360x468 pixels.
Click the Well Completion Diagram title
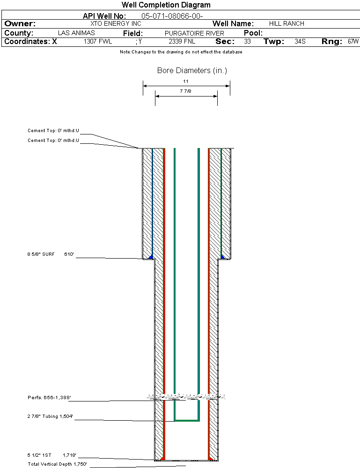click(166, 5)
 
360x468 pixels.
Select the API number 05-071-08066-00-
click(172, 16)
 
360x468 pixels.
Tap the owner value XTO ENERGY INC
click(116, 23)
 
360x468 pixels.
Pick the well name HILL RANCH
click(287, 23)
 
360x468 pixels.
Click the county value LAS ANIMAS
click(76, 33)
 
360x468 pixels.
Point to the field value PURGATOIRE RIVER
click(194, 33)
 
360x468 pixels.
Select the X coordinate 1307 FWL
click(97, 41)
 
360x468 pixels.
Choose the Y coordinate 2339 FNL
click(182, 41)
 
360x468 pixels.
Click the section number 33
click(247, 41)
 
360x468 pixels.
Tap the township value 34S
click(300, 41)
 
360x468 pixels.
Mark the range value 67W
click(353, 41)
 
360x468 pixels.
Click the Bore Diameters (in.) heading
click(192, 70)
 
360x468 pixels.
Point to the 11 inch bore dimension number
click(186, 81)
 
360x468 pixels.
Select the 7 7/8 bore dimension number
click(185, 91)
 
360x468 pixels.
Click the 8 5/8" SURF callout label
click(41, 254)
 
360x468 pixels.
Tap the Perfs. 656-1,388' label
click(49, 398)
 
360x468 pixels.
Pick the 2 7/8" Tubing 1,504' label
click(50, 416)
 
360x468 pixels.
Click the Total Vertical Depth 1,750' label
click(57, 464)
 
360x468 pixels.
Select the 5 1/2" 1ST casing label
click(39, 455)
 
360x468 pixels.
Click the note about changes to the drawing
click(181, 52)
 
